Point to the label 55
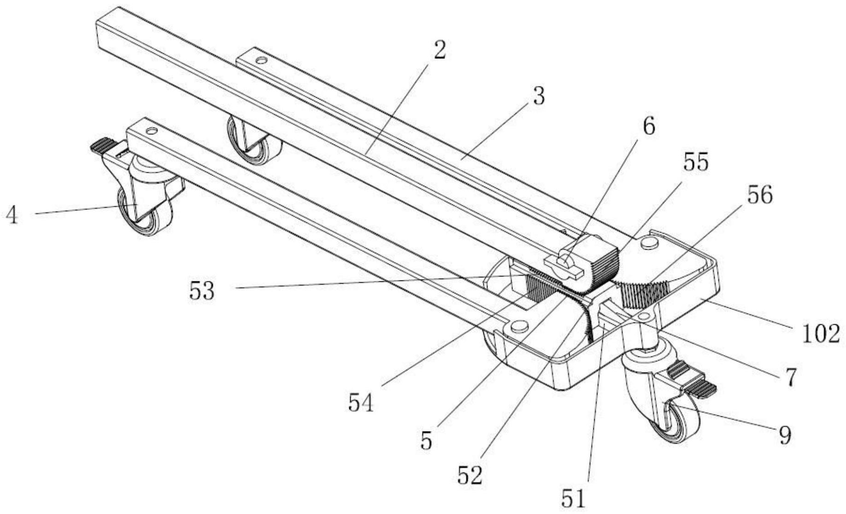click(695, 162)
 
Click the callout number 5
click(427, 441)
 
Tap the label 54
click(361, 403)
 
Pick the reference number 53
click(202, 292)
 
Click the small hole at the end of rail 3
click(261, 60)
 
